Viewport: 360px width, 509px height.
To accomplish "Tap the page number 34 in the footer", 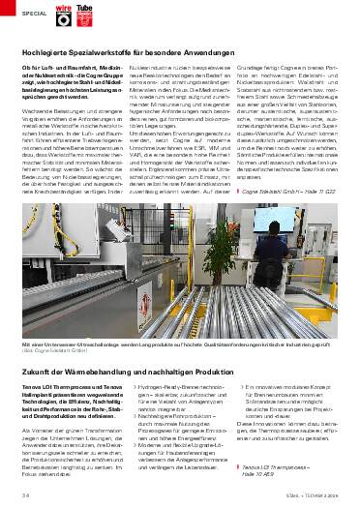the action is (24, 495).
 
